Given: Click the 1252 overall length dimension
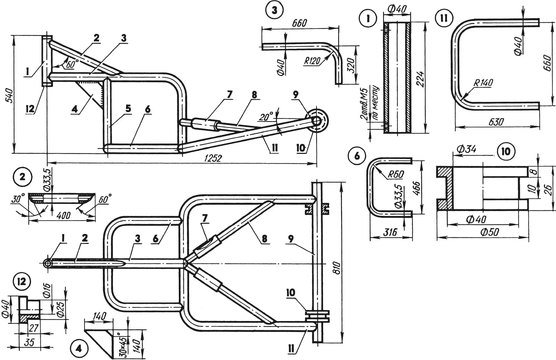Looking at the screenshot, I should tap(213, 158).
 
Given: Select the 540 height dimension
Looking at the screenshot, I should tap(9, 95).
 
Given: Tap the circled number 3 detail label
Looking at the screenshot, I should tap(274, 10).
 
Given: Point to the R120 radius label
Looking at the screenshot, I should tap(312, 61).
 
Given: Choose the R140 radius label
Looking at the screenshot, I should tap(483, 83).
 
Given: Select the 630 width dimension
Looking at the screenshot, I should tap(496, 122).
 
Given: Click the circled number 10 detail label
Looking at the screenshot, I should tap(506, 152).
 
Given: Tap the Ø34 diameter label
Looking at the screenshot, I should tap(466, 149).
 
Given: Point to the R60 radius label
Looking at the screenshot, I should tap(395, 174).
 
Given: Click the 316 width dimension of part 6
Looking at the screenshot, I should tap(390, 232).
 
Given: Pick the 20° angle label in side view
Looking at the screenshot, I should tap(266, 117).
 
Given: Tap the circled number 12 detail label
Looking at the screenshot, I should tap(22, 281).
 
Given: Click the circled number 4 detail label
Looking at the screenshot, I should tap(79, 349).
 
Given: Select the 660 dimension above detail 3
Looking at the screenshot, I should tap(299, 23).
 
